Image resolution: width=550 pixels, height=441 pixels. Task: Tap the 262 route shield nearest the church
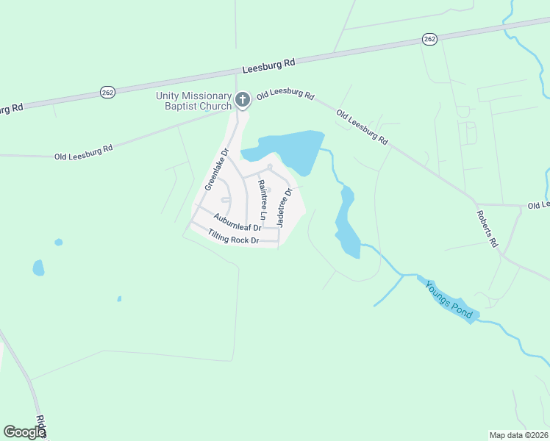click(x=108, y=92)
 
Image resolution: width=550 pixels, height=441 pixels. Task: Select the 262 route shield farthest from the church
click(x=430, y=39)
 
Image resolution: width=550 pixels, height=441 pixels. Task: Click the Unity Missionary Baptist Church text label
click(x=193, y=101)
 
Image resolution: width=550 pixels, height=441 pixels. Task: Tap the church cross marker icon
click(x=243, y=99)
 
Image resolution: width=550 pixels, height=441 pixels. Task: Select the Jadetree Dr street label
click(x=284, y=207)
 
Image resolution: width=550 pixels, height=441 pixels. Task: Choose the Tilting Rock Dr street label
click(x=234, y=237)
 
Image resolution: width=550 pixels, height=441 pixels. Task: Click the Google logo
click(x=24, y=432)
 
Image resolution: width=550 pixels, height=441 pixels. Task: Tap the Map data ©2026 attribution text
click(x=518, y=434)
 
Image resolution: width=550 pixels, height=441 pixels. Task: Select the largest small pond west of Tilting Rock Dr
click(x=38, y=268)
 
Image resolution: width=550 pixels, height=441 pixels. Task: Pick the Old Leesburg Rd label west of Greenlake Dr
click(x=83, y=152)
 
